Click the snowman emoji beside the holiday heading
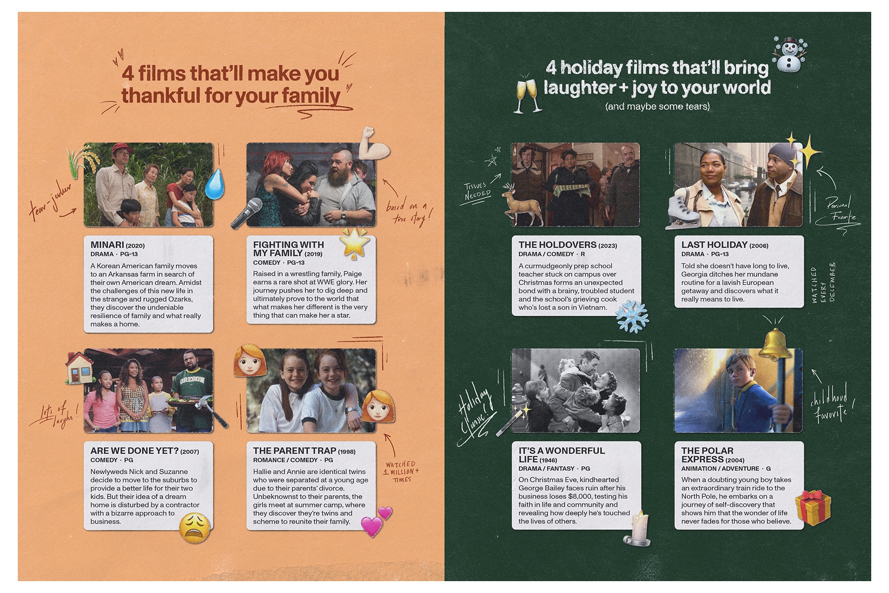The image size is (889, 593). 789,54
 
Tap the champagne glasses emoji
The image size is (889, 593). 527,94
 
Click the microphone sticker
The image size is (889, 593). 246,213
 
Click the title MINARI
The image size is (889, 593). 107,245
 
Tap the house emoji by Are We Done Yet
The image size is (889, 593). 80,368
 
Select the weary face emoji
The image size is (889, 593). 194,528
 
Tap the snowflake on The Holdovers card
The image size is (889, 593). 632,316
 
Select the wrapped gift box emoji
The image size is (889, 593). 812,507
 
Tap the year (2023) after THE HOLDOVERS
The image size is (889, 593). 607,246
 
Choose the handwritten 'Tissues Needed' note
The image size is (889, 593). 477,190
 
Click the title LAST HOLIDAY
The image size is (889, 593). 714,245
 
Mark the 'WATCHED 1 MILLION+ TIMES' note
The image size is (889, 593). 402,471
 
